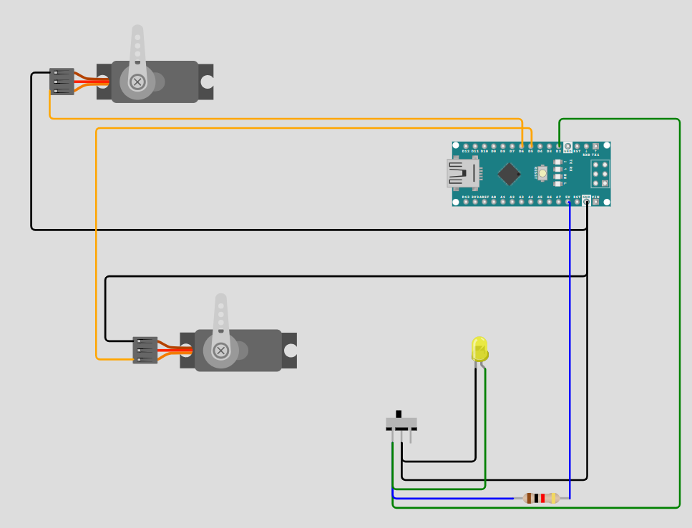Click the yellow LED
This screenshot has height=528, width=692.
[x=479, y=350]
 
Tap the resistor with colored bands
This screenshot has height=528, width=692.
[x=541, y=498]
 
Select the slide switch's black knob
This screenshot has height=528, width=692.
[x=399, y=414]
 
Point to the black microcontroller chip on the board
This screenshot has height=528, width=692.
[x=509, y=174]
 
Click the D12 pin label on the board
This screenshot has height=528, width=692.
[x=466, y=152]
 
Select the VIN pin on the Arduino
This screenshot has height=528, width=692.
[x=595, y=202]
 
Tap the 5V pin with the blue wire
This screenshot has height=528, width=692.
[x=568, y=202]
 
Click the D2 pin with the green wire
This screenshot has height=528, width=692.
[x=559, y=146]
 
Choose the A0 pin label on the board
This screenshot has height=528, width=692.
[x=494, y=197]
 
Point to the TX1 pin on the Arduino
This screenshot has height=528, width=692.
[x=595, y=146]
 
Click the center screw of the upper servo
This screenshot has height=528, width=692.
[x=137, y=82]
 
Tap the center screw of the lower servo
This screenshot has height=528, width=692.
[x=221, y=351]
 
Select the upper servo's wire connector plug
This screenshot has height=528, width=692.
[x=62, y=82]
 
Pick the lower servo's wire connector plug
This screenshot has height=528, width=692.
[x=145, y=351]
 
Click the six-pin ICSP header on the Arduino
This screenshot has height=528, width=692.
[x=600, y=174]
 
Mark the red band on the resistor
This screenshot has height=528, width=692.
[x=542, y=498]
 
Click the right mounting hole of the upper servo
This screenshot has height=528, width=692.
[x=207, y=82]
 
